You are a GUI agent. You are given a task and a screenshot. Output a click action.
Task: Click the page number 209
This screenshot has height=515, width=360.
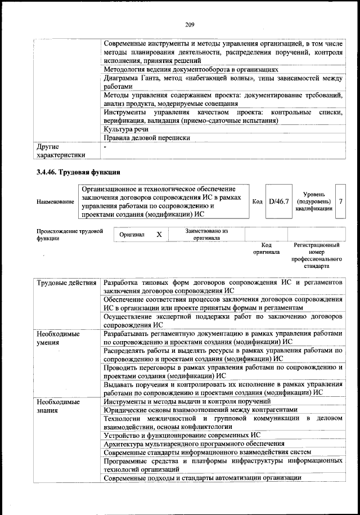pos(189,24)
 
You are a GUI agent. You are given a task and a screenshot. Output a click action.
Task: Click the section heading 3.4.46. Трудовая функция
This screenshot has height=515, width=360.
pos(78,171)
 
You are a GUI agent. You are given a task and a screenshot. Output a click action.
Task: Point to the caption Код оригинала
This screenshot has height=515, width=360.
pos(266,249)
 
